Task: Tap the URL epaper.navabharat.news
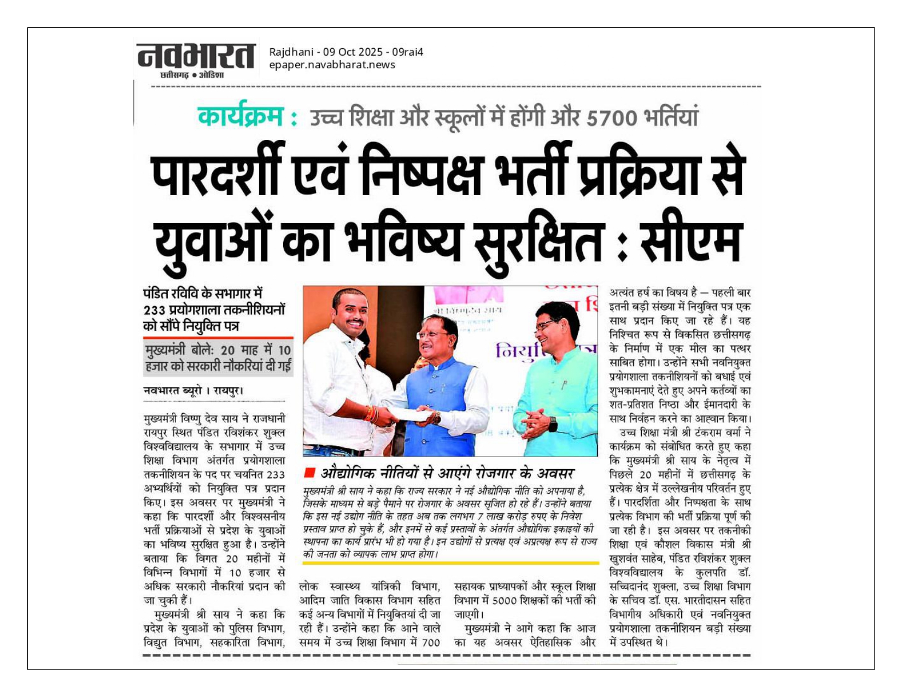pyautogui.click(x=332, y=65)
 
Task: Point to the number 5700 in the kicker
pyautogui.click(x=611, y=118)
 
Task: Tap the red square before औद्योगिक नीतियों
pyautogui.click(x=309, y=472)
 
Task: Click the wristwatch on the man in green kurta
pyautogui.click(x=552, y=424)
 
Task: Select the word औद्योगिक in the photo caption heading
pyautogui.click(x=347, y=473)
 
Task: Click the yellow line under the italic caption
pyautogui.click(x=450, y=563)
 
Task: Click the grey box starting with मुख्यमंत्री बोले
pyautogui.click(x=218, y=358)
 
